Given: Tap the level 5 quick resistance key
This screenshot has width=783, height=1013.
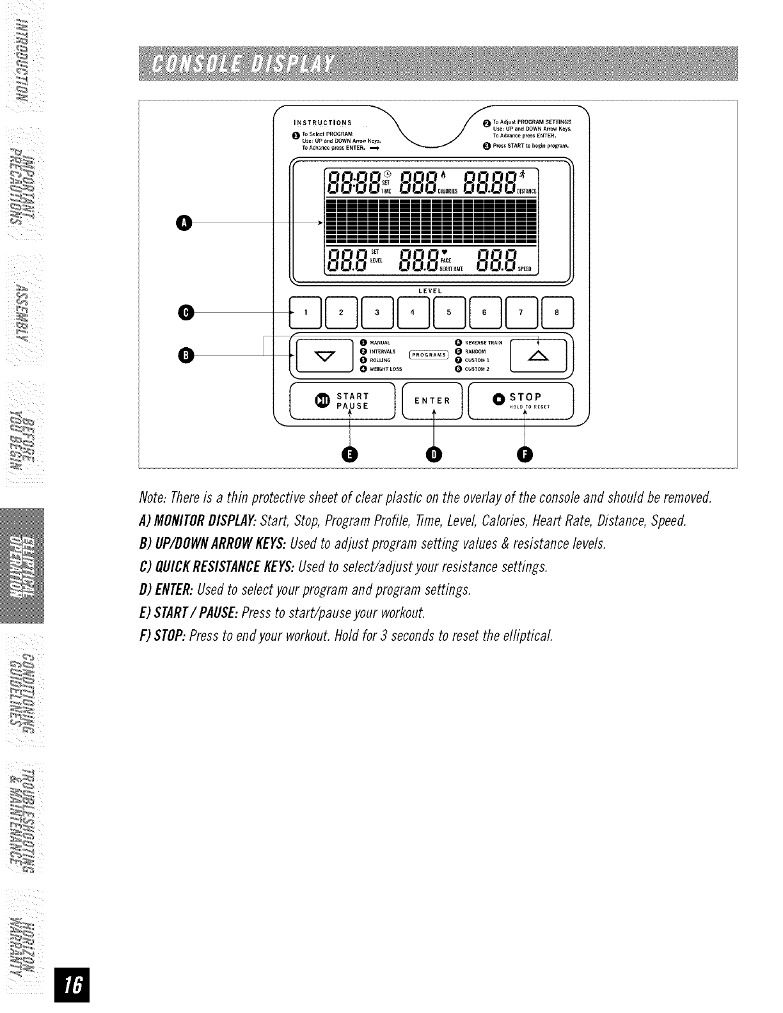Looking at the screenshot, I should (449, 313).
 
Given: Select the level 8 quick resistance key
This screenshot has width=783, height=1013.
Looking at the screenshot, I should (557, 313).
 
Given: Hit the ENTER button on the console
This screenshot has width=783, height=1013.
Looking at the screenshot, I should (432, 401).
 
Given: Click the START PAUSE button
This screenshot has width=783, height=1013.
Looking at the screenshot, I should (345, 401).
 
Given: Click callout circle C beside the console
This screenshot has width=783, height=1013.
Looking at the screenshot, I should (186, 313).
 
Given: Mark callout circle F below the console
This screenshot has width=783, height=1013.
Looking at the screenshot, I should (525, 454).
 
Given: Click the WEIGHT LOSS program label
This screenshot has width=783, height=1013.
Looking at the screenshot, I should (386, 369).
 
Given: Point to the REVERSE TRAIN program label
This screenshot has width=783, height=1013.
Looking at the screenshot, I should (484, 342).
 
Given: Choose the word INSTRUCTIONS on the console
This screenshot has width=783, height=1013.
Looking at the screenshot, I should (322, 123).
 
